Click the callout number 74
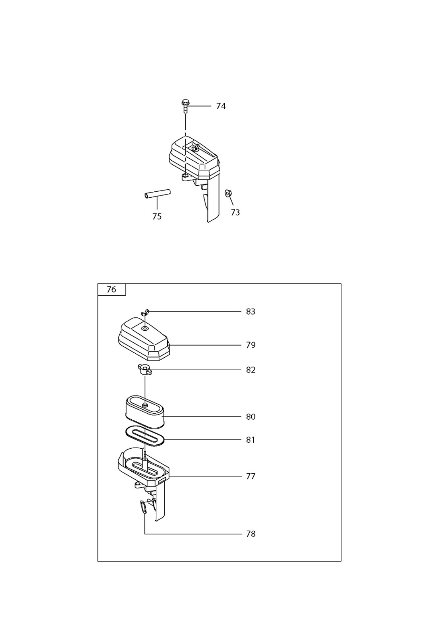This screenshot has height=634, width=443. [x=221, y=106]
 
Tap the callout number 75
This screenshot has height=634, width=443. [x=157, y=217]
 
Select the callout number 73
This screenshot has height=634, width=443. [x=235, y=212]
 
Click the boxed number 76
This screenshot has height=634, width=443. [x=112, y=290]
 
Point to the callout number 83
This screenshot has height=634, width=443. [x=250, y=312]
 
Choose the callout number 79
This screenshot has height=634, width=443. [x=250, y=345]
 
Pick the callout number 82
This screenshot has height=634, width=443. [x=250, y=370]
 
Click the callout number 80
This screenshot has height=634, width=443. [x=250, y=416]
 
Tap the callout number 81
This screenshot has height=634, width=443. [x=250, y=440]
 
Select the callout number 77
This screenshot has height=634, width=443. [x=250, y=477]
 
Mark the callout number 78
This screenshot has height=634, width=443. [x=250, y=534]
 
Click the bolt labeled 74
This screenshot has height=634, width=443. [x=185, y=106]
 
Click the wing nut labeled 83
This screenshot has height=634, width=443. [x=145, y=313]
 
